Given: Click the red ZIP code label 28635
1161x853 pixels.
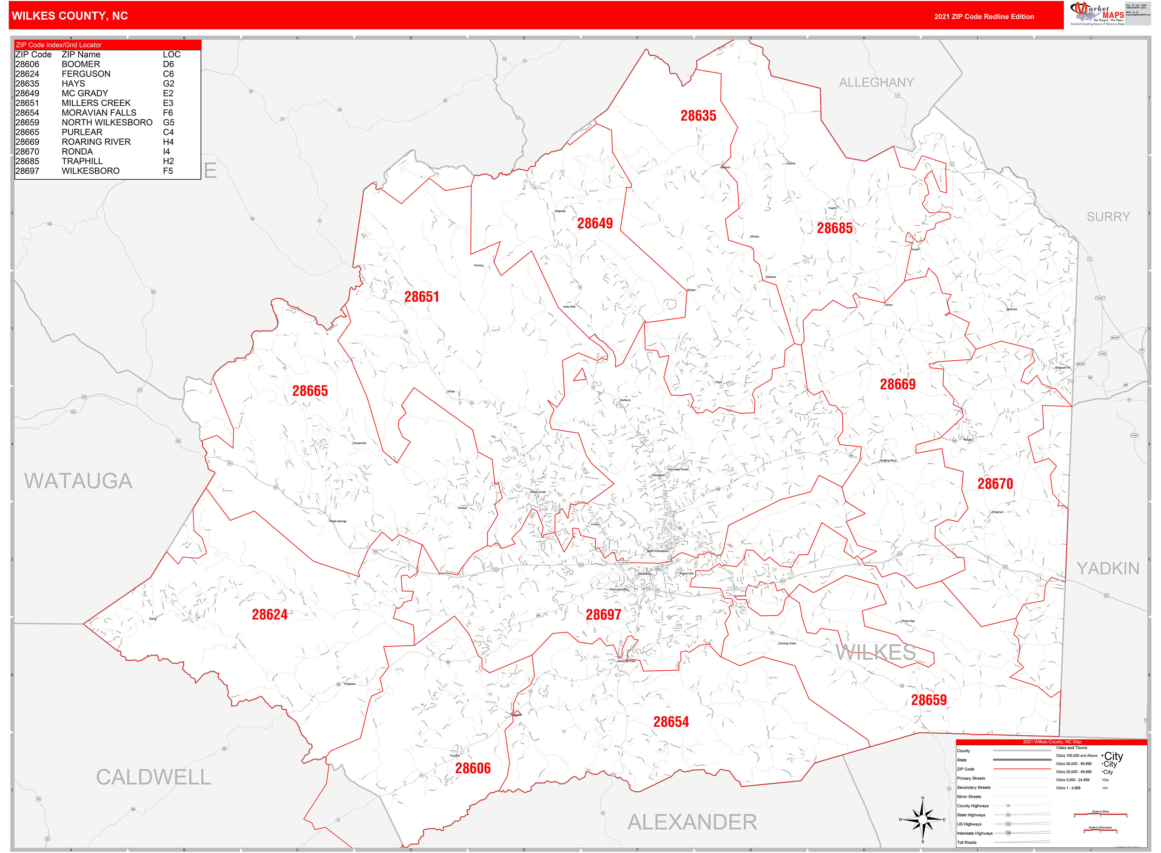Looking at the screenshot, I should coord(698,116).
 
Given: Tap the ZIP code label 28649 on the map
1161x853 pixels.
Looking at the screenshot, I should coord(595,223).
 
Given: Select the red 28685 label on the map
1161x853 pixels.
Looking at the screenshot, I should coord(834,228).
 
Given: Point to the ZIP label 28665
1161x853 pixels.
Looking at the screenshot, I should coord(310,391).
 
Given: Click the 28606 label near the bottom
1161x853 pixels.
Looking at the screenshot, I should coord(473,768).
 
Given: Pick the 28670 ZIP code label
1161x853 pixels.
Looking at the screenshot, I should coord(995,484).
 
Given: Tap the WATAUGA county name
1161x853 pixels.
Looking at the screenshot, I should coord(78,481).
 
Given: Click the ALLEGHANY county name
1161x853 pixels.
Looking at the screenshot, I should coord(876,83).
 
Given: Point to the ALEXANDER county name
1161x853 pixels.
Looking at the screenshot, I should coord(692,822).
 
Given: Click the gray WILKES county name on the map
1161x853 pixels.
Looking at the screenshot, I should coord(876,653).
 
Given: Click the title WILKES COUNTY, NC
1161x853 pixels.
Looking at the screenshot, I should coord(70,16).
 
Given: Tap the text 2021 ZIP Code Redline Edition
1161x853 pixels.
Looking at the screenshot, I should coord(984,16).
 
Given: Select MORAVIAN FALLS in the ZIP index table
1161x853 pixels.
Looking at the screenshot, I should coord(99,113).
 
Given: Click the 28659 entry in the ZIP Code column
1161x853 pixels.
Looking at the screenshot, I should coord(27,122).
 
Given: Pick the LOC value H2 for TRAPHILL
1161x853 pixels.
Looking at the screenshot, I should coord(168,161).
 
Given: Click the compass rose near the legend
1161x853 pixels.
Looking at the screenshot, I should coord(923,820).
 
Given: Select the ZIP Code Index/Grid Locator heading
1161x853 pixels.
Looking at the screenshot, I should coord(59,45).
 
